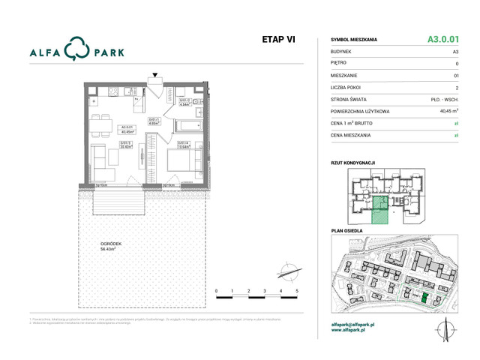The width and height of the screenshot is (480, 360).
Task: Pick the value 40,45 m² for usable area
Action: tap(448, 111)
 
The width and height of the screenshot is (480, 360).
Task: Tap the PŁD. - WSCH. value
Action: tap(445, 99)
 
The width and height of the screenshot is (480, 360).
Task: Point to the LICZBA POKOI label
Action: tap(346, 87)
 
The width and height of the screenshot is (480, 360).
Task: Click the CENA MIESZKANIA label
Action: tap(352, 135)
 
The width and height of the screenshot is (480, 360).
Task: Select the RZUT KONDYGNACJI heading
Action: tap(352, 163)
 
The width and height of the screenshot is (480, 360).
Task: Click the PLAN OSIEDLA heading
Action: tap(346, 231)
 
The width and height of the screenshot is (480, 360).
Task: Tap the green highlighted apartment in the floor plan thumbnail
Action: tap(380, 210)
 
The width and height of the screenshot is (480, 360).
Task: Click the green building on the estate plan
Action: tap(424, 298)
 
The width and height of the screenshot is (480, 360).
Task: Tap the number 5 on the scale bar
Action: tap(297, 289)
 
